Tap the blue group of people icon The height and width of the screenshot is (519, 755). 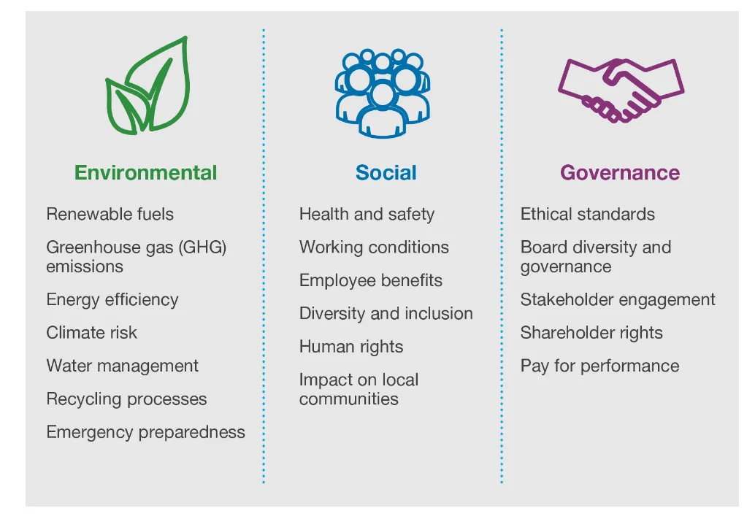(x=383, y=93)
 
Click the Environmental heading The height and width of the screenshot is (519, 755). (x=146, y=173)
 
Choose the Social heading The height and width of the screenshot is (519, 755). (x=386, y=173)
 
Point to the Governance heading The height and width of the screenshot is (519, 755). (x=619, y=173)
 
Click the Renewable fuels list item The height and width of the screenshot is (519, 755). (x=110, y=214)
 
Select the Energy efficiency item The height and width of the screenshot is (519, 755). (x=112, y=300)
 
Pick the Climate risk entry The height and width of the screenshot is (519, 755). (x=92, y=333)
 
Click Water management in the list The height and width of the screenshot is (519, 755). (x=123, y=366)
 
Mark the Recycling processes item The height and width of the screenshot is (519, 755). (x=126, y=399)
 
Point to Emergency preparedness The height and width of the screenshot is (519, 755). (x=146, y=432)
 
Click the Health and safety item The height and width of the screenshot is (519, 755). (x=367, y=215)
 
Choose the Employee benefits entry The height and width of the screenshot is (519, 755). (x=371, y=280)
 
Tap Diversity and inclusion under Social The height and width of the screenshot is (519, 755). (x=386, y=314)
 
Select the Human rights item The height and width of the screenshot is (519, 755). (x=351, y=347)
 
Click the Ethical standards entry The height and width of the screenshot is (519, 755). (x=588, y=215)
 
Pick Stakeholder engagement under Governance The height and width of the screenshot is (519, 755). (x=618, y=300)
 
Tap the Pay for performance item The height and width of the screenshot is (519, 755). (x=599, y=366)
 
